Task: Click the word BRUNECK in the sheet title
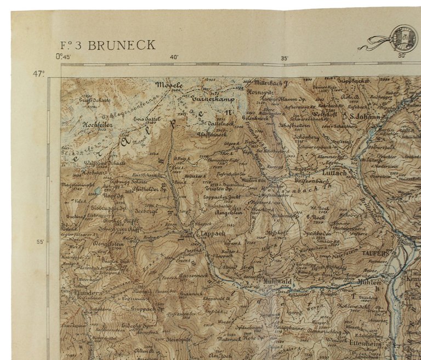tap(122, 45)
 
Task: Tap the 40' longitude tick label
tap(174, 57)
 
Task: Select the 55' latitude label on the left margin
tap(39, 242)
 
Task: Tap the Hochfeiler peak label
tap(97, 125)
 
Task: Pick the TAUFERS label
tap(375, 254)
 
